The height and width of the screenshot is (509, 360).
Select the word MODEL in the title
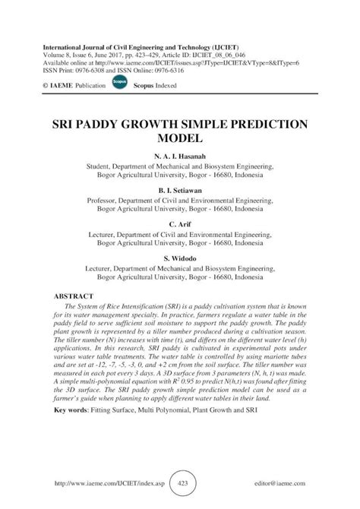coord(180,140)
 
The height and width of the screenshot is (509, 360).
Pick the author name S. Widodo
coord(180,258)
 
